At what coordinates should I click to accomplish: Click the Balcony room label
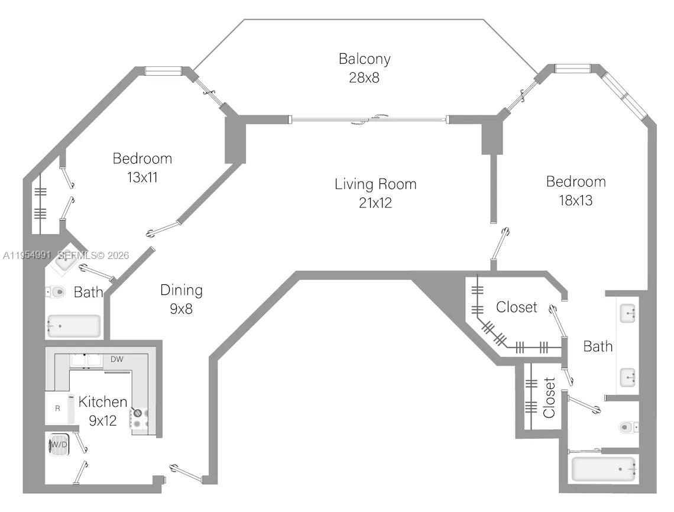tap(364, 59)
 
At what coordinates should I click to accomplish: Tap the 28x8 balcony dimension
tap(364, 77)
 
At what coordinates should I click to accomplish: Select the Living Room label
tap(375, 184)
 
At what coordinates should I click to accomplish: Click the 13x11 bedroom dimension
tap(142, 177)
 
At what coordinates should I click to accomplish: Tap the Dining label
tap(182, 290)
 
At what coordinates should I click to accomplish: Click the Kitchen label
tap(103, 402)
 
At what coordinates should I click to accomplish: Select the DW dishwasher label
tap(117, 359)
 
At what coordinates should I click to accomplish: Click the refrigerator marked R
tap(57, 408)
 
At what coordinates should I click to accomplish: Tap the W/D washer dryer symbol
tap(58, 445)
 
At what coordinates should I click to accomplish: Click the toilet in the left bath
tap(56, 292)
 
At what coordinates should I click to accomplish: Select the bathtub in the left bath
tap(74, 326)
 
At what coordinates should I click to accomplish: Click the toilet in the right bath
tap(627, 426)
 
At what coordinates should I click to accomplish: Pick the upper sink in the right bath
tap(628, 313)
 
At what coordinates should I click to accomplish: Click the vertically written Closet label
tap(549, 397)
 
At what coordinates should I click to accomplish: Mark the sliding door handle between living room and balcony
tap(370, 120)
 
